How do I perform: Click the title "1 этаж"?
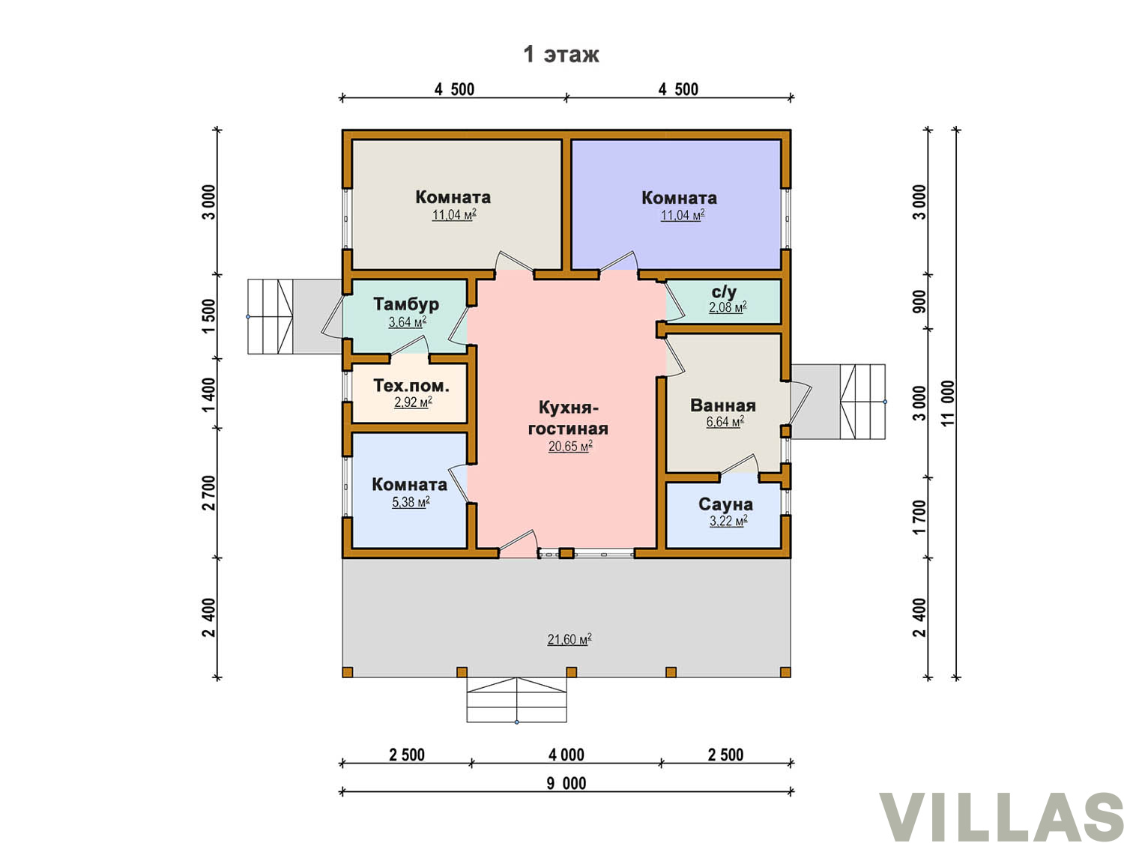tap(561, 54)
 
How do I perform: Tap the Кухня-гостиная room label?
tap(568, 417)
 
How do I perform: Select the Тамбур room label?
tap(406, 303)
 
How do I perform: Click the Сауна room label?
tap(725, 504)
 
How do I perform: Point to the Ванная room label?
tap(722, 405)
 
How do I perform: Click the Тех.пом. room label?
tap(411, 385)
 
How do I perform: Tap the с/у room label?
tap(724, 291)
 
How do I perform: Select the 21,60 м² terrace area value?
tap(569, 639)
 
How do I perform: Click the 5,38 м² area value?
tap(411, 501)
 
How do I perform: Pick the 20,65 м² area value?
tap(570, 446)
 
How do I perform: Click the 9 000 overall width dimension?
tap(566, 783)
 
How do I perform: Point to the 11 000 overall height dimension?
tap(948, 403)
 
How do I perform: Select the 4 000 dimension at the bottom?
tap(566, 755)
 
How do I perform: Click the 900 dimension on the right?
tap(919, 301)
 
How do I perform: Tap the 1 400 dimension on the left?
tap(209, 394)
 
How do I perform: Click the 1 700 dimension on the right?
tap(919, 517)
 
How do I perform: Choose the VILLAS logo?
tap(1000, 816)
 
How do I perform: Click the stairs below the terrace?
tap(516, 699)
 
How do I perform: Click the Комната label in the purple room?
tap(679, 198)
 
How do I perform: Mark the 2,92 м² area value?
tap(413, 402)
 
